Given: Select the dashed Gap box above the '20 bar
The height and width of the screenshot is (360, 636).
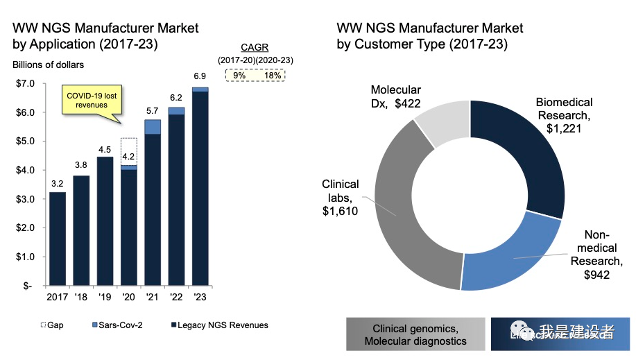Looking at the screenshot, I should point(128,151).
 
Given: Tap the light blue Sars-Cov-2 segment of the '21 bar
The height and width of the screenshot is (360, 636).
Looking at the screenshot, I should point(153,126).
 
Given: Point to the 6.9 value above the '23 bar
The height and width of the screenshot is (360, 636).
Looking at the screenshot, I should point(200,75).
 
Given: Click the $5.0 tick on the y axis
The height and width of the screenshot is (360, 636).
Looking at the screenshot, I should point(24,141).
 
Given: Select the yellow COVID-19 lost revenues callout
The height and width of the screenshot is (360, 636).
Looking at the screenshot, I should point(82,99).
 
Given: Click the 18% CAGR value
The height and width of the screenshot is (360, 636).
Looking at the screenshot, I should point(272,75).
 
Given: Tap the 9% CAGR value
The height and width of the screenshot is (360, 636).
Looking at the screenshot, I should point(239,75).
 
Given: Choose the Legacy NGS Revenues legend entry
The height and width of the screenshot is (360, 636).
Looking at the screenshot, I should point(221,325).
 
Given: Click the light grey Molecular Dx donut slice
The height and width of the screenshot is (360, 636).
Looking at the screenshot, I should point(444,122).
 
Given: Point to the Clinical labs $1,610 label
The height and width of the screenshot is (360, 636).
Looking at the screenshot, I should point(340,198).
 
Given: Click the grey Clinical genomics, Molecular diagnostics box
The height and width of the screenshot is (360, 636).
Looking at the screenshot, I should point(415,334).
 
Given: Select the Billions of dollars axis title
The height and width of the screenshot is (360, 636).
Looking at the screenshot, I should point(48,65).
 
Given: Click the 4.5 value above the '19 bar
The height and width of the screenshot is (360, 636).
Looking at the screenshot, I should point(105,148).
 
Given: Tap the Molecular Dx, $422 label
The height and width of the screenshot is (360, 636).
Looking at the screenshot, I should point(395,96).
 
